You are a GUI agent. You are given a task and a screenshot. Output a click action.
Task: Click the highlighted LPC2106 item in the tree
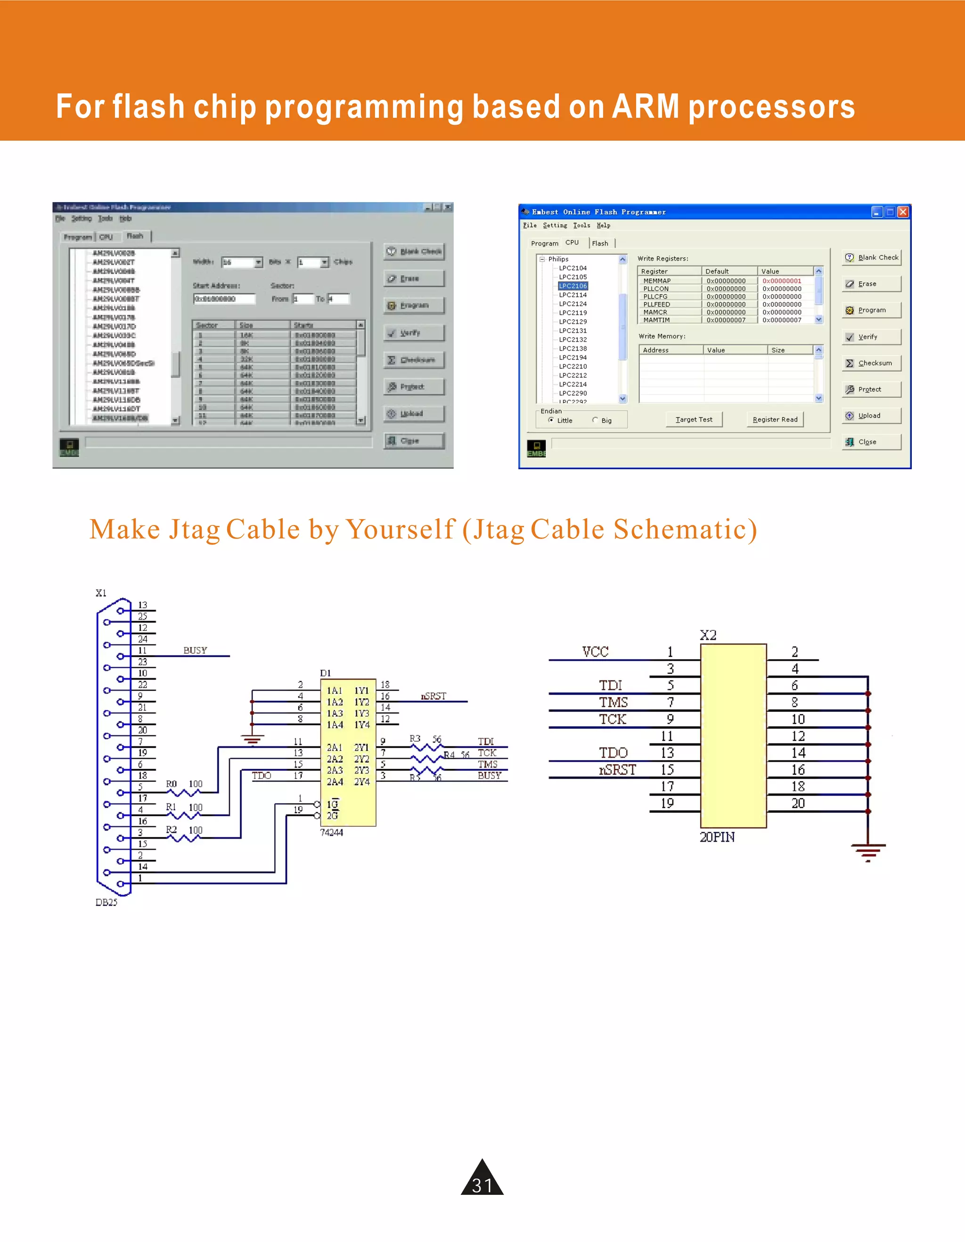[572, 286]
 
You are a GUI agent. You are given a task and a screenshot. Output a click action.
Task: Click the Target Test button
[694, 420]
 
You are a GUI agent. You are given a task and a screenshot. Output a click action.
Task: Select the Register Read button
[775, 420]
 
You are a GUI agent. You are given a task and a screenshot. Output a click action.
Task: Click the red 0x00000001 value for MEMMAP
[781, 281]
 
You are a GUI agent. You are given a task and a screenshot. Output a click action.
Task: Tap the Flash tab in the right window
[600, 244]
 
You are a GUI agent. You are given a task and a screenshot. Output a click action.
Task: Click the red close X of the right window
[902, 212]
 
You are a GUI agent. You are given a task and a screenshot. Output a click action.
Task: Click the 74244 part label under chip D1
[332, 833]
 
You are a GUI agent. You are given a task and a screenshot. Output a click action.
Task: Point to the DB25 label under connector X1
[106, 902]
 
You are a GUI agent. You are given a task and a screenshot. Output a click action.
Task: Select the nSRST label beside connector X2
[617, 770]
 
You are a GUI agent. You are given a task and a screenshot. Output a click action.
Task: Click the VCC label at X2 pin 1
[596, 652]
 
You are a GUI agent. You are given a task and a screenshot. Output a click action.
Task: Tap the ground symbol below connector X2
[868, 852]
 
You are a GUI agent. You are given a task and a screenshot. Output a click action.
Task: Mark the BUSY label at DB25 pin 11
[195, 651]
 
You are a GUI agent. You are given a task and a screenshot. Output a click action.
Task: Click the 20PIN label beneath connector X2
[717, 837]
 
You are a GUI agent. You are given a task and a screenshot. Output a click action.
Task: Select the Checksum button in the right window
[871, 363]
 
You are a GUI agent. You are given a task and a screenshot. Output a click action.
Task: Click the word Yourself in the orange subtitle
[401, 530]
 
